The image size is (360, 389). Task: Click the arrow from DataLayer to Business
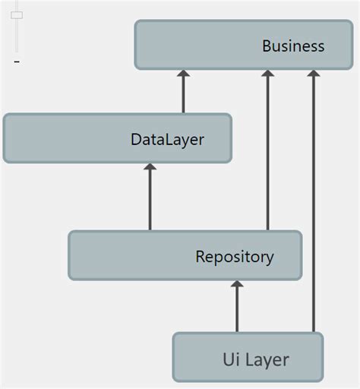pyautogui.click(x=182, y=95)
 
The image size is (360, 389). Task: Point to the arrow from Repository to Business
pyautogui.click(x=267, y=152)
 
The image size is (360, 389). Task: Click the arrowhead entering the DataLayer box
pyautogui.click(x=150, y=169)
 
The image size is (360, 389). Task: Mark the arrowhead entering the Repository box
pyautogui.click(x=237, y=286)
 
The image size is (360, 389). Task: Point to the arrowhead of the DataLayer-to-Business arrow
pyautogui.click(x=182, y=74)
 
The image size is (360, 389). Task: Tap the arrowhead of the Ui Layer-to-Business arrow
pyautogui.click(x=313, y=74)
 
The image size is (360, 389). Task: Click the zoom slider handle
pyautogui.click(x=17, y=15)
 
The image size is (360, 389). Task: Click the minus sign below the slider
pyautogui.click(x=16, y=62)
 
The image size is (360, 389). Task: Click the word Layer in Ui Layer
pyautogui.click(x=267, y=359)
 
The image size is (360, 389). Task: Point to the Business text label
pyautogui.click(x=293, y=46)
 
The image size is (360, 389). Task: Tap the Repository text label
pyautogui.click(x=235, y=256)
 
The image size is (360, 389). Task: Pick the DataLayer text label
pyautogui.click(x=167, y=140)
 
